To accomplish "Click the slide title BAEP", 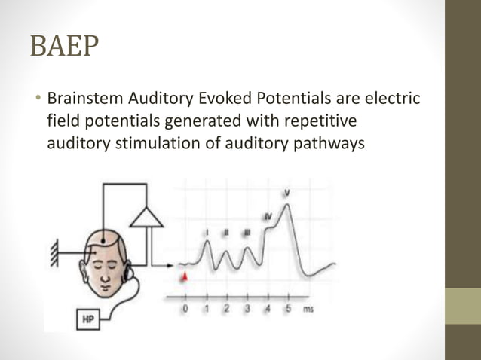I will pyautogui.click(x=64, y=46).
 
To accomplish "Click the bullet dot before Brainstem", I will pyautogui.click(x=35, y=99).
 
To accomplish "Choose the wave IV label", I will pyautogui.click(x=268, y=217).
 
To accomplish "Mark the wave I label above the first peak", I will pyautogui.click(x=207, y=235).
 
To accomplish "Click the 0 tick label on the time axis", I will pyautogui.click(x=185, y=309).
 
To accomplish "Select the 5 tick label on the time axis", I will pyautogui.click(x=287, y=309).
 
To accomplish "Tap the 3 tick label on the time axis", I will pyautogui.click(x=247, y=309).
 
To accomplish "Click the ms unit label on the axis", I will pyautogui.click(x=308, y=309).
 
